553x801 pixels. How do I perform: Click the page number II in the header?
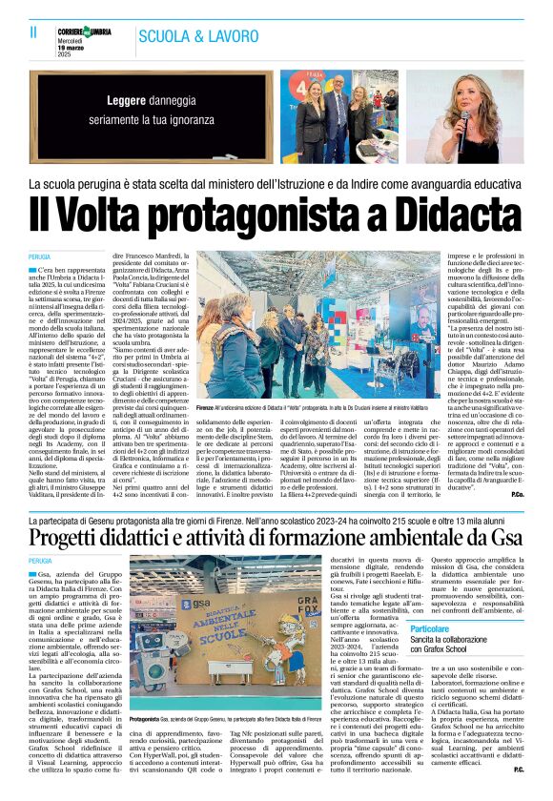[x=32, y=31]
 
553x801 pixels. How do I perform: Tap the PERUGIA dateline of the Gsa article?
[x=40, y=562]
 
